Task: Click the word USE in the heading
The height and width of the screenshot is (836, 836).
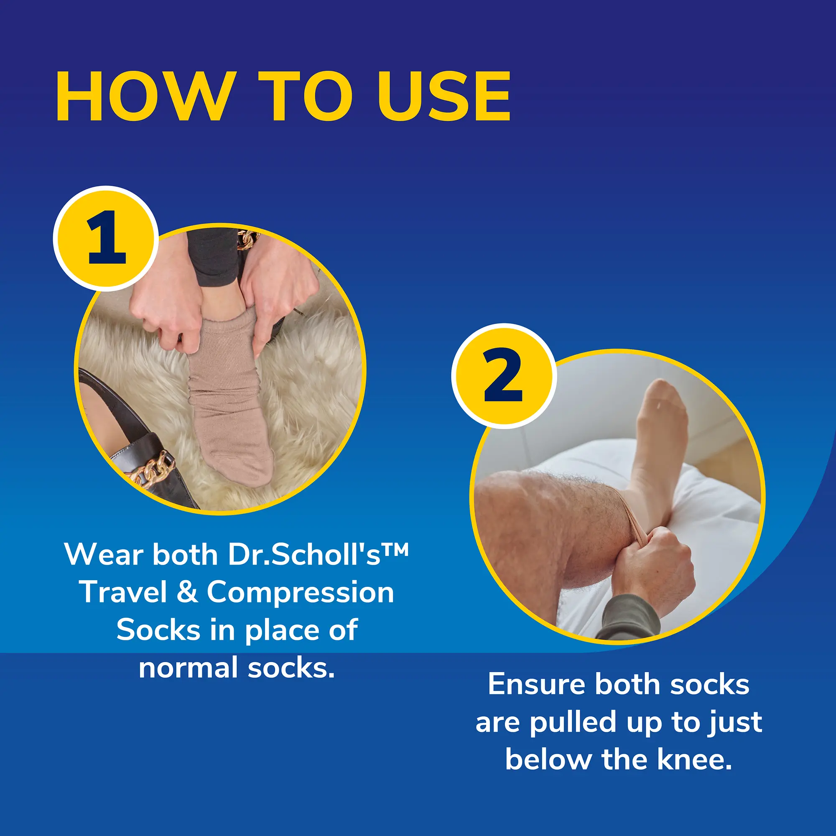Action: pyautogui.click(x=444, y=97)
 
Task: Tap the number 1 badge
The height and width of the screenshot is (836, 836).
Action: pyautogui.click(x=106, y=238)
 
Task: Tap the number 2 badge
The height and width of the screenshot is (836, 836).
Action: pyautogui.click(x=503, y=376)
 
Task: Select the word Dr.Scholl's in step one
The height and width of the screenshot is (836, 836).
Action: pyautogui.click(x=304, y=555)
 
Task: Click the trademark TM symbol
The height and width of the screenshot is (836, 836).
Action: pyautogui.click(x=395, y=551)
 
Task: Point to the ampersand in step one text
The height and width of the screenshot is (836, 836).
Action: pyautogui.click(x=187, y=592)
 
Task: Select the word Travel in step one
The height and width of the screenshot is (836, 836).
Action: pyautogui.click(x=123, y=592)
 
